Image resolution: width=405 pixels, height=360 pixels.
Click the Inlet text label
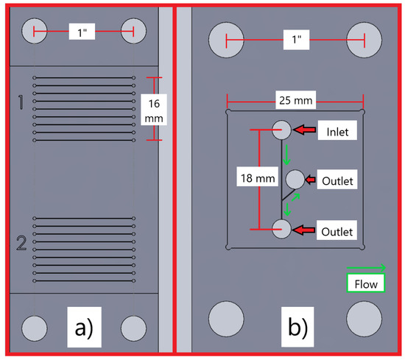(x=338, y=131)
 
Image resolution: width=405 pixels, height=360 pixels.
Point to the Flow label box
(x=364, y=283)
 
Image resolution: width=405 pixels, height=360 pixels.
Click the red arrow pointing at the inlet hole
(x=305, y=130)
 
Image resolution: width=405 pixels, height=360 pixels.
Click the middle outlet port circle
(x=295, y=179)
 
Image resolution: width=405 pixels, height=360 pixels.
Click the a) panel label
(x=82, y=324)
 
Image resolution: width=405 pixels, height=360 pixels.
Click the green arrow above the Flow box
(x=365, y=268)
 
